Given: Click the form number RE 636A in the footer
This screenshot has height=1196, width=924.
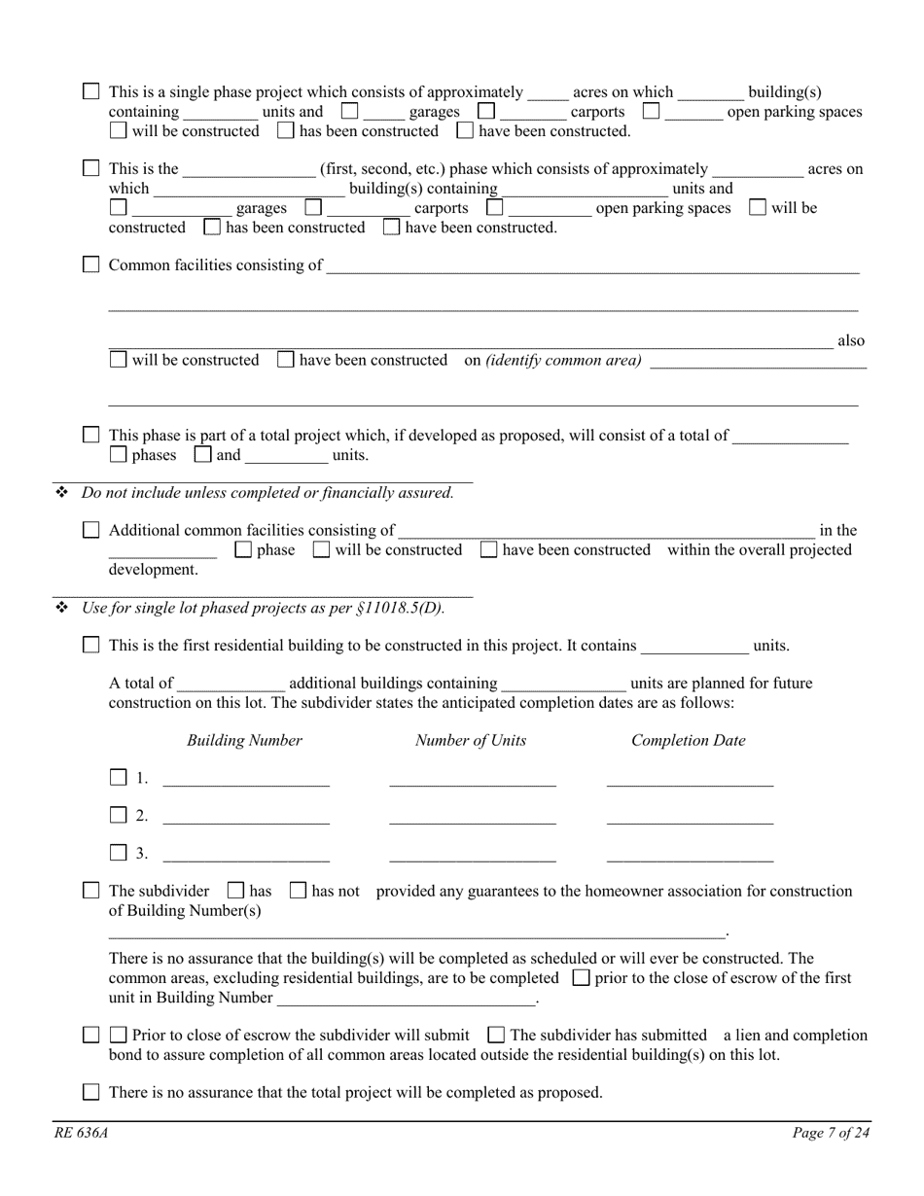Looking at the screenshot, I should point(75,1132).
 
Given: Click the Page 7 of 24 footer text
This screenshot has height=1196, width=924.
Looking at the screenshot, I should point(832,1132).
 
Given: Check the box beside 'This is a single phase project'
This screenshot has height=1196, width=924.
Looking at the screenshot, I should point(91,91).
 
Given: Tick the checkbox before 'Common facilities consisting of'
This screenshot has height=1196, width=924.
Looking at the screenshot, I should point(91,264).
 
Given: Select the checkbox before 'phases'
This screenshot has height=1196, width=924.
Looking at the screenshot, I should point(119,454).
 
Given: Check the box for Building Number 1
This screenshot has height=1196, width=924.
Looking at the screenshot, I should point(119,777).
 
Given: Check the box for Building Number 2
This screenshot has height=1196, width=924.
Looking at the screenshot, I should point(119,815).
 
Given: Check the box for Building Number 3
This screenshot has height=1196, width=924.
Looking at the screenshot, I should point(119,853).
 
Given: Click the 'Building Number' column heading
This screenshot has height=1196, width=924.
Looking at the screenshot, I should point(244,740).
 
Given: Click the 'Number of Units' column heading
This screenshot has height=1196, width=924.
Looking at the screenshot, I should point(471,740).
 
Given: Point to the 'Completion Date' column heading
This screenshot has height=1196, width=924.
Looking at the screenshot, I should point(689,740).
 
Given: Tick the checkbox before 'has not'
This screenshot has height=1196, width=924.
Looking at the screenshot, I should point(299,890).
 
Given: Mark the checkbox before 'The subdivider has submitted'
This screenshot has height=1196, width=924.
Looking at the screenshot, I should point(496,1035).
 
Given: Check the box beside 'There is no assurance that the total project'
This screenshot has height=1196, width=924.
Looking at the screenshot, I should point(91,1092).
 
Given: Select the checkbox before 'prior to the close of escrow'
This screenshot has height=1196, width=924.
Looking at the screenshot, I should point(582,977).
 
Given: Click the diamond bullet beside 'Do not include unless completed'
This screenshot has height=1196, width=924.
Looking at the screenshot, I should point(62,493).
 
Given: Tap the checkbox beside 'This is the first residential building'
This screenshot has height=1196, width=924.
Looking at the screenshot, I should point(91,645).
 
